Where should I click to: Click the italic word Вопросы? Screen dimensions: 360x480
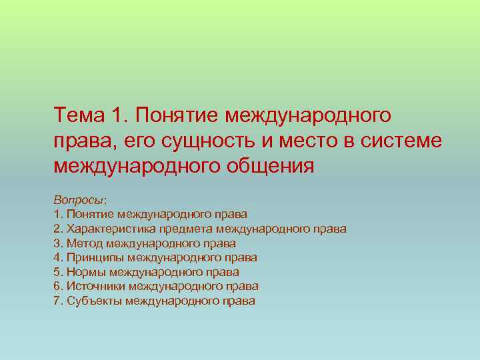[78, 200]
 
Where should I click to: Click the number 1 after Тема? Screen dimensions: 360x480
[117, 117]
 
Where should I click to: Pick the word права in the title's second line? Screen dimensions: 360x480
[78, 141]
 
